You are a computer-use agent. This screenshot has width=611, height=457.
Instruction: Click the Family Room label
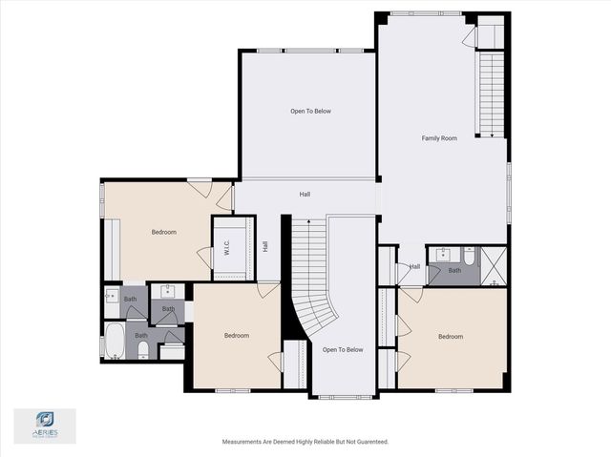[439, 138]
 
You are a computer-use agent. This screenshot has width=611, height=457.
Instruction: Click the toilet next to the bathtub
[142, 350]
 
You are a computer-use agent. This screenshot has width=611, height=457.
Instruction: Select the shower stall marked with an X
[494, 265]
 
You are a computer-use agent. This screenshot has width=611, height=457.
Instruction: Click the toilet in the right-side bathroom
[470, 256]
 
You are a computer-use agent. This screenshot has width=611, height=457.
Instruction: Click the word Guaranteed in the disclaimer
[367, 442]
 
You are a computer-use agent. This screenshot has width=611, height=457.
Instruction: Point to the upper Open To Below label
[310, 112]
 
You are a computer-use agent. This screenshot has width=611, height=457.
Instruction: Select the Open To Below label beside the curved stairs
[343, 350]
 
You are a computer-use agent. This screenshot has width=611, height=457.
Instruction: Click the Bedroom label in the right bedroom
[451, 336]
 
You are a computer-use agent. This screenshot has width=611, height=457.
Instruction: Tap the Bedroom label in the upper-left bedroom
[163, 232]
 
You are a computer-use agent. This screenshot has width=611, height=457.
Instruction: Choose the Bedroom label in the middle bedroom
[237, 335]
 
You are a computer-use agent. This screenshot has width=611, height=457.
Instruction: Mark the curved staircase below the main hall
[311, 286]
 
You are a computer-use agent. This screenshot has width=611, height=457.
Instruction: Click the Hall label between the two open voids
[305, 195]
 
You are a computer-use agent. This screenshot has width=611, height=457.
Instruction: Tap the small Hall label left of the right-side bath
[415, 266]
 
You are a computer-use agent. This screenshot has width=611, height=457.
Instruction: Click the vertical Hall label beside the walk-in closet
[264, 245]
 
